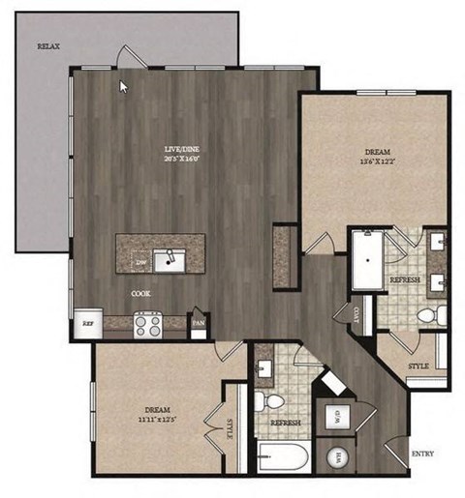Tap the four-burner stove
(147, 324)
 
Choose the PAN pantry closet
(198, 323)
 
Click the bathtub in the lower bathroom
(283, 456)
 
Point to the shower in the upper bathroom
(365, 259)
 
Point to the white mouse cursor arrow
(123, 86)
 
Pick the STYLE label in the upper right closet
(418, 366)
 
